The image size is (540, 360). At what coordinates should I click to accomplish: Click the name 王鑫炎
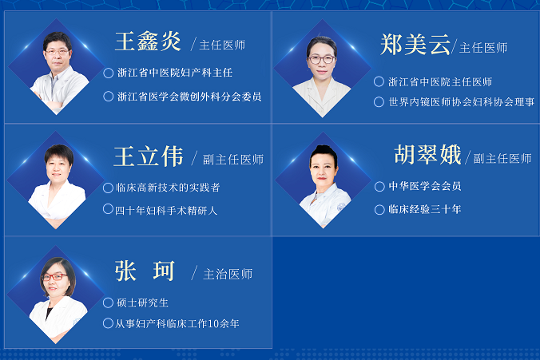(x=148, y=42)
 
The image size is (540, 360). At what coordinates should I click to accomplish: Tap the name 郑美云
(x=415, y=45)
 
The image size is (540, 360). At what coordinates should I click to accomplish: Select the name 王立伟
(x=149, y=156)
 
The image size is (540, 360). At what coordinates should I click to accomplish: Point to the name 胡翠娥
(x=427, y=155)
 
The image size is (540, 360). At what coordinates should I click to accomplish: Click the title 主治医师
(x=228, y=275)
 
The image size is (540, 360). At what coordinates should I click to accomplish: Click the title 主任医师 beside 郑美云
(x=483, y=48)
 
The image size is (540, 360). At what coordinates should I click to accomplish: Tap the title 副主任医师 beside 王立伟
(x=233, y=160)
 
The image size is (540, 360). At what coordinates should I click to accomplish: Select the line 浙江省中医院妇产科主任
(x=175, y=73)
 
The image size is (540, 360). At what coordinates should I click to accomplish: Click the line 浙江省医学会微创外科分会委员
(x=189, y=97)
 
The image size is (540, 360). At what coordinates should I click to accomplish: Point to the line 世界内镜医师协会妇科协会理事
(x=462, y=102)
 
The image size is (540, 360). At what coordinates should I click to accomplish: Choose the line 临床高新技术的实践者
(x=168, y=188)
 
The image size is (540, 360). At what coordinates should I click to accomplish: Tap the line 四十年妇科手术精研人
(x=166, y=210)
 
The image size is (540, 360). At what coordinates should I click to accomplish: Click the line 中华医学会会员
(x=425, y=186)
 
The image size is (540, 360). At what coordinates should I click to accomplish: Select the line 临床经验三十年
(x=425, y=209)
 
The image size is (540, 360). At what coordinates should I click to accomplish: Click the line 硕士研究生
(x=142, y=303)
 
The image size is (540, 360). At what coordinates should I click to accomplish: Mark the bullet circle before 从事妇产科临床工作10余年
(x=108, y=323)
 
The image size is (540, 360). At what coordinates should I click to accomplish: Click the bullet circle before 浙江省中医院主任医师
(x=379, y=81)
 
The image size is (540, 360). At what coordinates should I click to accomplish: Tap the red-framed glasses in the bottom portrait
(x=54, y=277)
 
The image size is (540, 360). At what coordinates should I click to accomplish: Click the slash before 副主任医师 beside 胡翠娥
(x=467, y=157)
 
